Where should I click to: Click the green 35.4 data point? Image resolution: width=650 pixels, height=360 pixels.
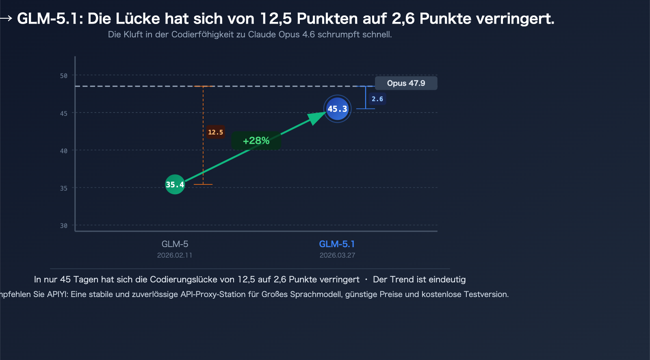pos(175,184)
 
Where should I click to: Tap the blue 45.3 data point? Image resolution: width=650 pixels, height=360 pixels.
pos(337,109)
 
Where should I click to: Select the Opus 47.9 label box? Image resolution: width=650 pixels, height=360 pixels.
pos(406,83)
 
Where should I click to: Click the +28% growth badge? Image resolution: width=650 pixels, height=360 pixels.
pos(256,141)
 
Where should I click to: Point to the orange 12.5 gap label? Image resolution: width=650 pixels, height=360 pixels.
pos(215,132)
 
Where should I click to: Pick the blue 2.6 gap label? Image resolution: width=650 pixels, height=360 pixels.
pos(377,99)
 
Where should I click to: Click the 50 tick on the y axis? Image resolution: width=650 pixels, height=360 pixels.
pos(64,76)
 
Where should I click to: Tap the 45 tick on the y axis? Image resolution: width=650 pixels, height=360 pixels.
pos(64,113)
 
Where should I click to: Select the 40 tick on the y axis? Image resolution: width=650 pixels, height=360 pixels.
pos(64,151)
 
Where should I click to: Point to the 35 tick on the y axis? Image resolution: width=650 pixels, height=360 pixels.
pos(64,188)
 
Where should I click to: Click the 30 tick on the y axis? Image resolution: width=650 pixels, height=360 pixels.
pos(64,226)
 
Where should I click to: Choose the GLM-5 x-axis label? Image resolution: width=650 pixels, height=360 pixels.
pos(175,244)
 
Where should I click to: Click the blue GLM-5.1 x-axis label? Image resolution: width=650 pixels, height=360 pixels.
pos(337,244)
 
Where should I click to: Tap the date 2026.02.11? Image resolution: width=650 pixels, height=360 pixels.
pos(175,255)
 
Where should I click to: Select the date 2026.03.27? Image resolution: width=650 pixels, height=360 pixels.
pos(337,255)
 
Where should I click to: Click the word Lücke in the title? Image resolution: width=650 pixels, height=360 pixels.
pos(137,19)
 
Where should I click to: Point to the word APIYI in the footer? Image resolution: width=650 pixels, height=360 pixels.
pos(57,294)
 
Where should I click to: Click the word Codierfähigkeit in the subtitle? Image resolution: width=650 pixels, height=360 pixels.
pos(202,35)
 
